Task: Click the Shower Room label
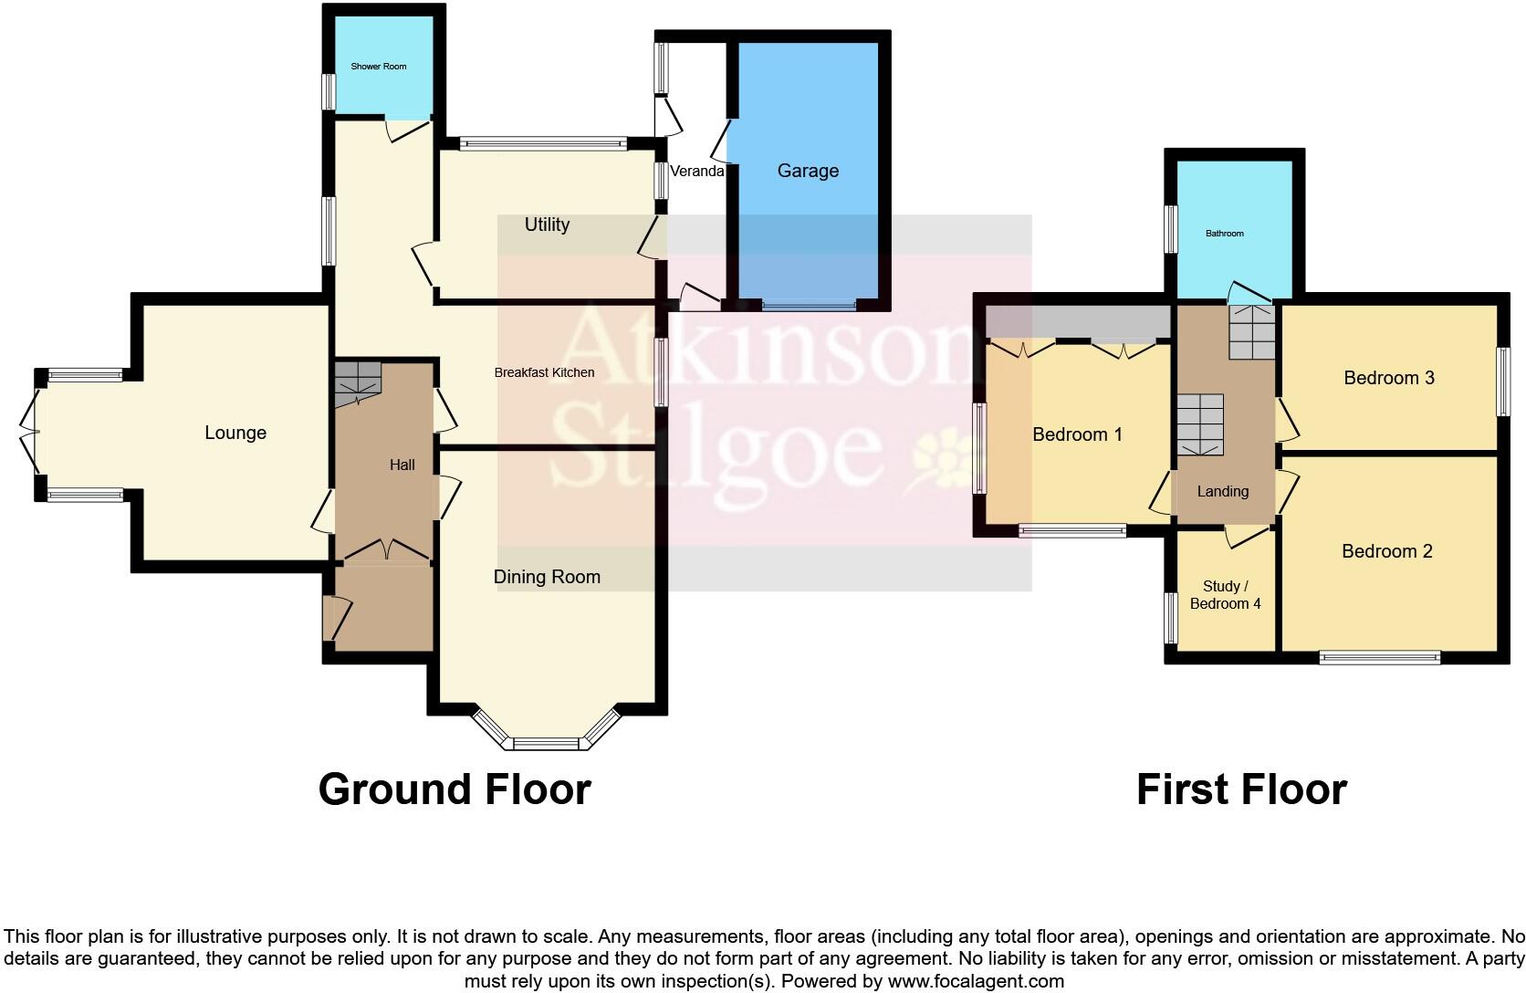coord(379,67)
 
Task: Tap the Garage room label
coord(808,171)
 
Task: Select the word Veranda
coord(697,171)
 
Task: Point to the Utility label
coord(547,225)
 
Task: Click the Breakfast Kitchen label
coord(544,372)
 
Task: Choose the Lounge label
coord(235,433)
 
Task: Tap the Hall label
coord(402,465)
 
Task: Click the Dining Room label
coord(547,577)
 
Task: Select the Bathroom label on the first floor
coord(1224,234)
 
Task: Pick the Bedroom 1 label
coord(1077,434)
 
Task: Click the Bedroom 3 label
coord(1389,378)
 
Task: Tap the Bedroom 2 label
coord(1386,551)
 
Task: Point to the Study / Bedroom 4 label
coord(1225,595)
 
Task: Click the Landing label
coord(1222,492)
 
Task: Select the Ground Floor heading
coord(455,789)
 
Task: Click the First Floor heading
coord(1241,789)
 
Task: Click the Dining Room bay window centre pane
coord(546,743)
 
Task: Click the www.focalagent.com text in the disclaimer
coord(976,982)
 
